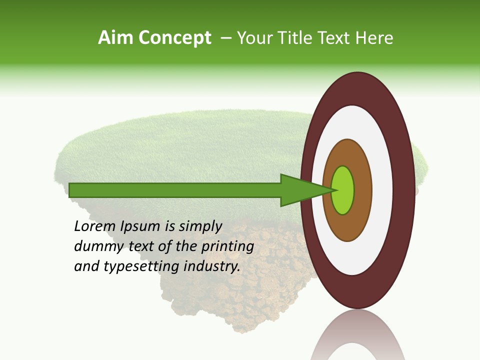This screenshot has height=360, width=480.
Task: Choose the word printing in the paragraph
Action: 227,247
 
